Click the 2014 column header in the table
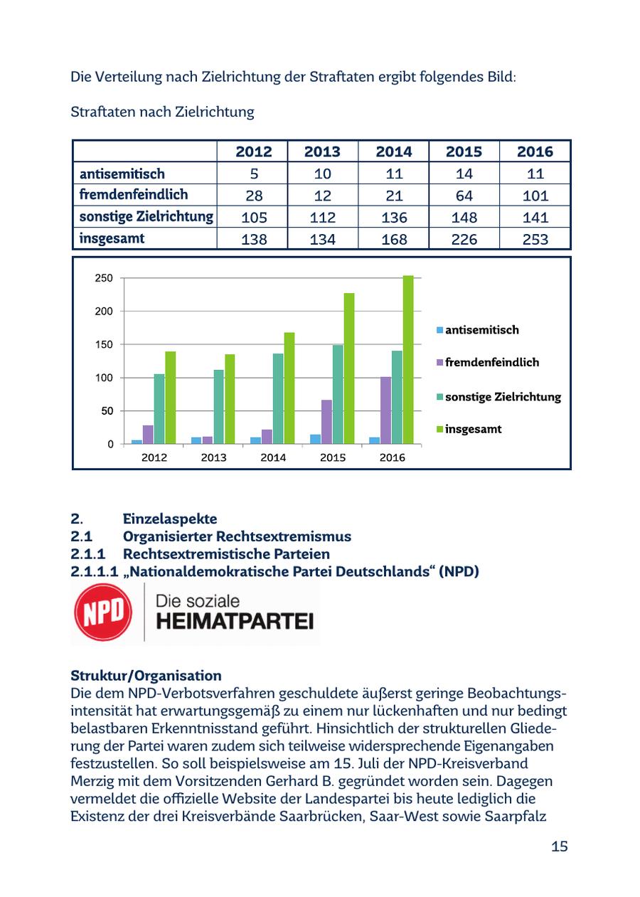click(x=393, y=152)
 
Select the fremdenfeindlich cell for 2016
click(x=535, y=196)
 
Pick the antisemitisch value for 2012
click(x=253, y=174)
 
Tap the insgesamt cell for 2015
click(x=464, y=239)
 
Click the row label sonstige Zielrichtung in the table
click(x=146, y=217)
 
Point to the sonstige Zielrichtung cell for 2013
click(x=323, y=217)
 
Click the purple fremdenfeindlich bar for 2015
click(x=326, y=422)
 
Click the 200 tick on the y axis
click(x=104, y=312)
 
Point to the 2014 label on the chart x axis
click(x=273, y=457)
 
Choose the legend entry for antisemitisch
click(x=481, y=330)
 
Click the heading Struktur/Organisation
click(x=146, y=675)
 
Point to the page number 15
click(x=559, y=846)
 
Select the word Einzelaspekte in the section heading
click(x=170, y=519)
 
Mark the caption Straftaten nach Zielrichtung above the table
click(x=162, y=112)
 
